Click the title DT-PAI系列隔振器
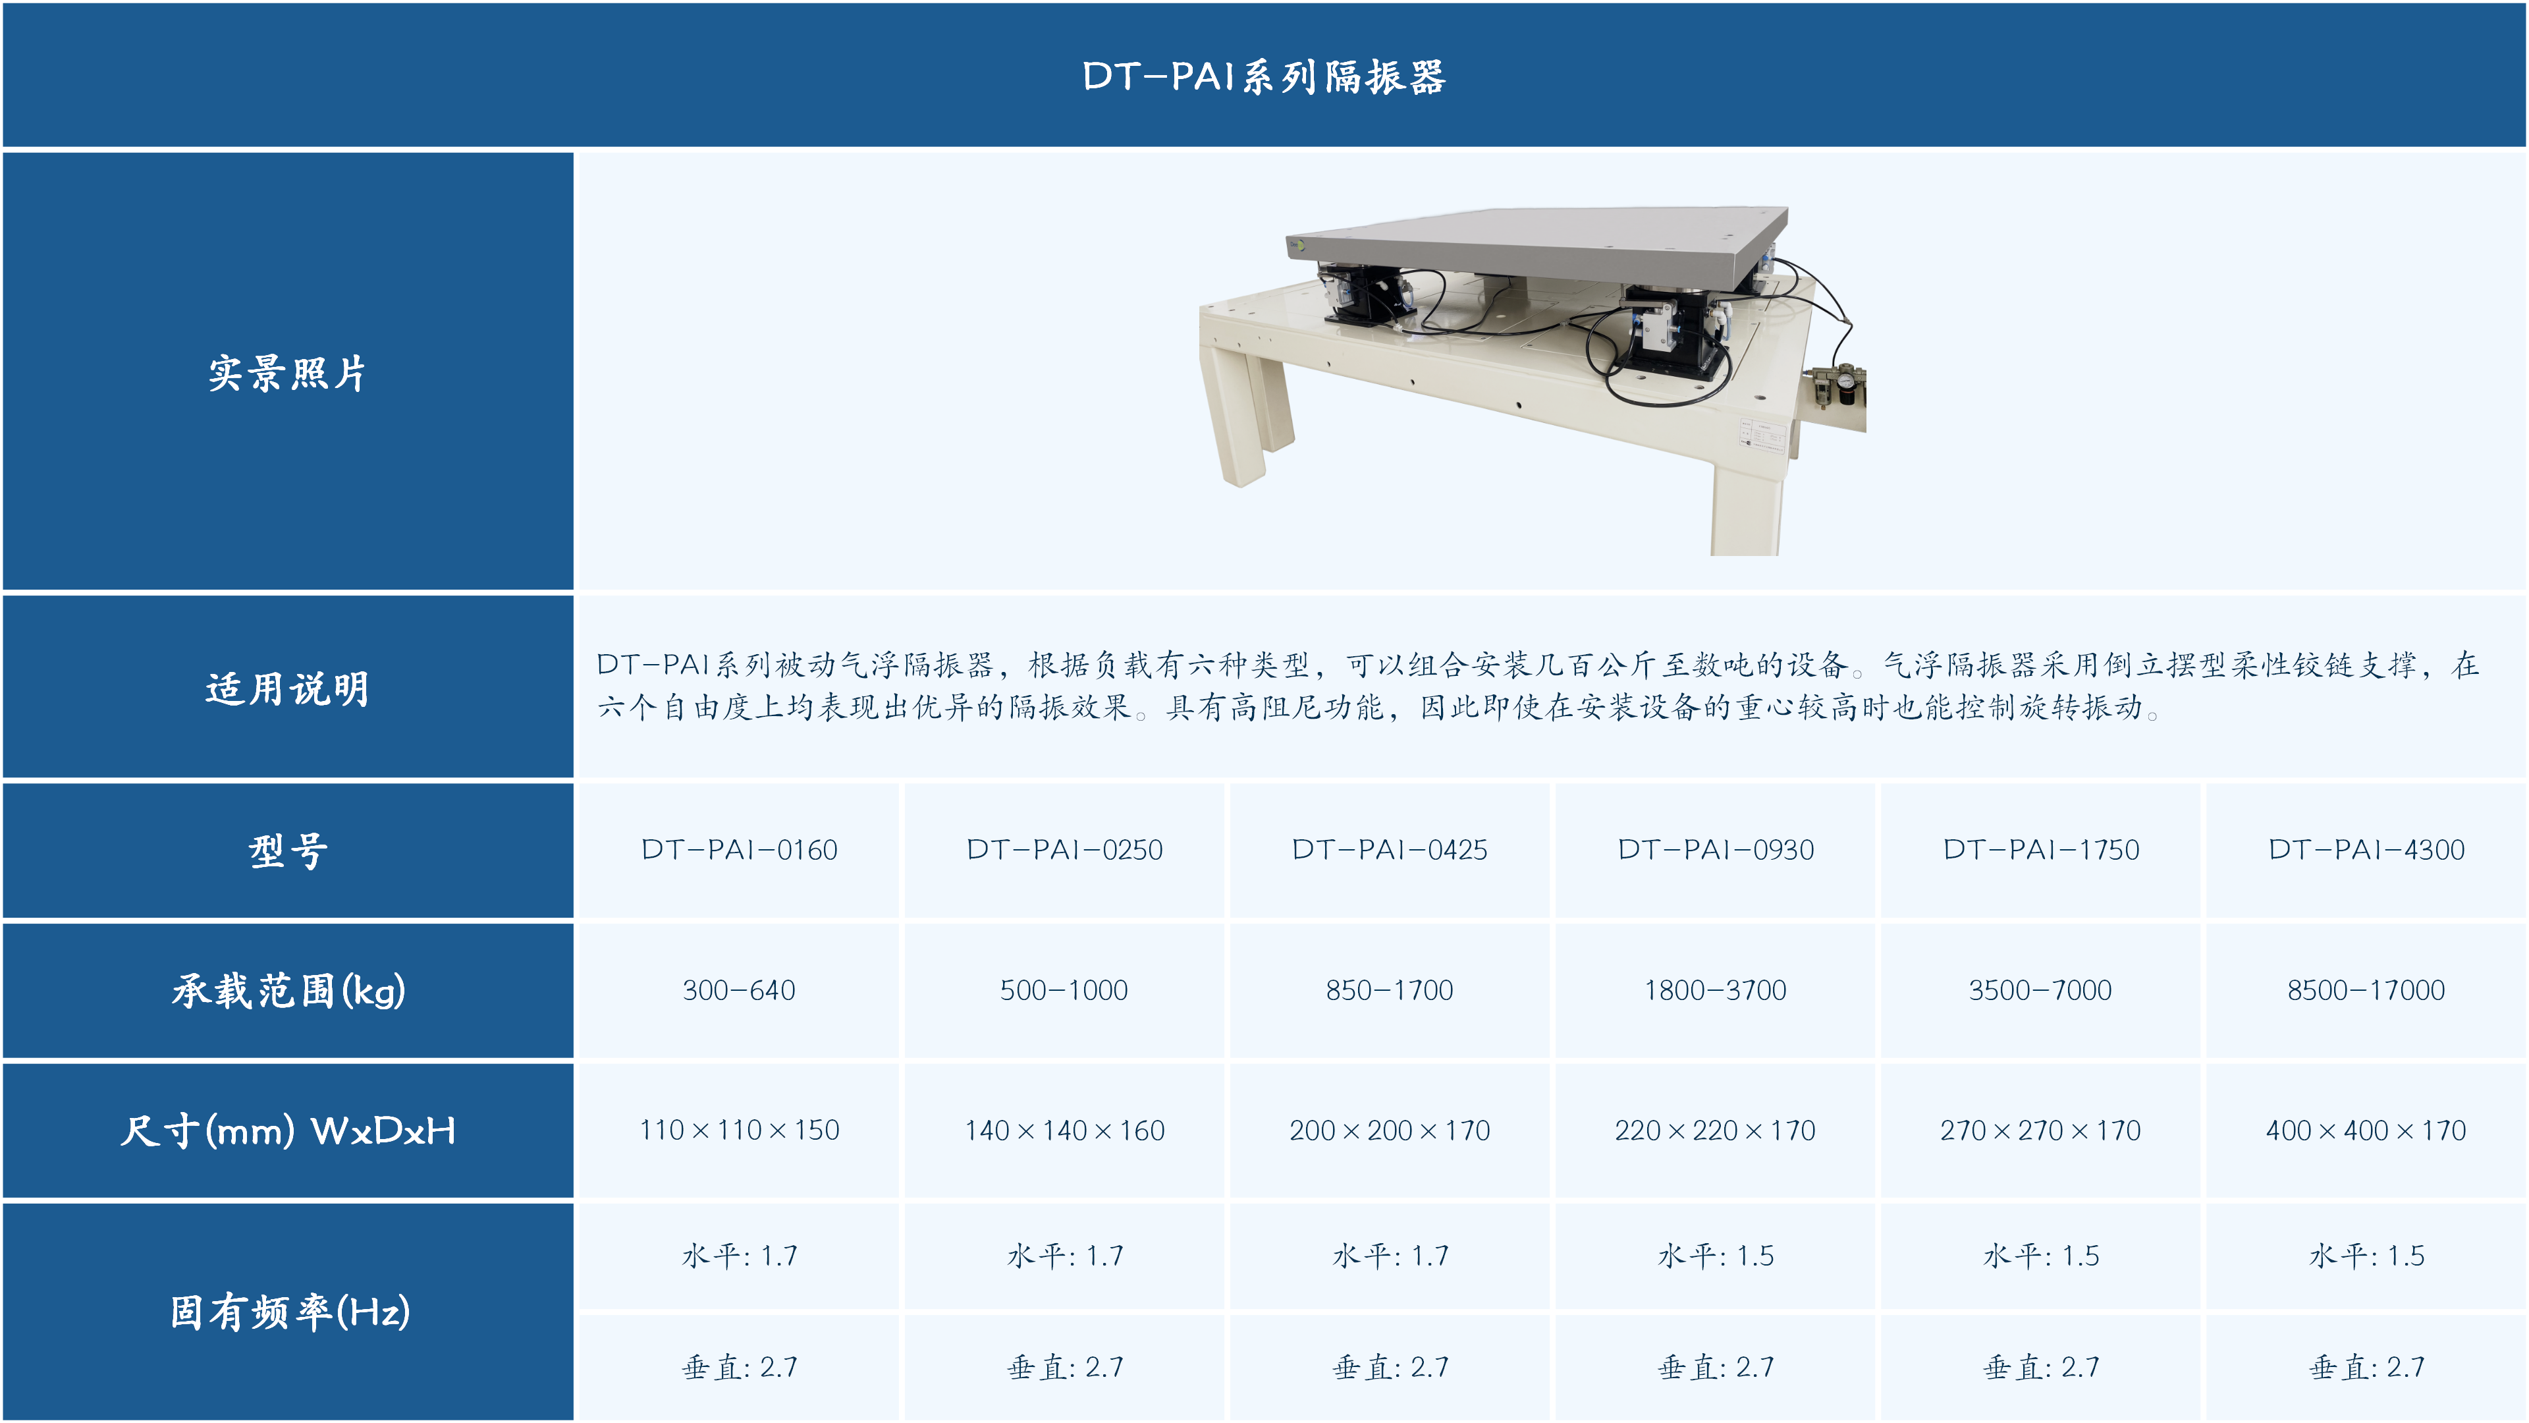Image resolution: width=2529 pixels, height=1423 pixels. (x=1264, y=76)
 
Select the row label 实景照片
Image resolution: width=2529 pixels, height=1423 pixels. (x=286, y=373)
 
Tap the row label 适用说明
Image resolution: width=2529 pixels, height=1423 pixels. (x=286, y=688)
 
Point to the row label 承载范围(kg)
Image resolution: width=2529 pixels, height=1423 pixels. (x=288, y=991)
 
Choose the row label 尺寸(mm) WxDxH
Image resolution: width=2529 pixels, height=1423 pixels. (x=288, y=1131)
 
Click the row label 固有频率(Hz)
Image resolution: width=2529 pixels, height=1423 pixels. (x=290, y=1312)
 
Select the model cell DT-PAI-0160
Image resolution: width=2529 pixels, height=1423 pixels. (x=739, y=849)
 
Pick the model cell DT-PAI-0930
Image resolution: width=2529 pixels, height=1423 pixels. (x=1715, y=849)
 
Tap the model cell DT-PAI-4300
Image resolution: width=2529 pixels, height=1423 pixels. (x=2366, y=849)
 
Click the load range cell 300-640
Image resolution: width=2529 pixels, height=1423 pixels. (x=739, y=990)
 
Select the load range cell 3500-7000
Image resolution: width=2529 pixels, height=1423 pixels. (x=2040, y=990)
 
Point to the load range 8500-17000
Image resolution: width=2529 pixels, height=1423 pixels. (x=2366, y=990)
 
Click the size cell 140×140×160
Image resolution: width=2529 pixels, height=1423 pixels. (x=1064, y=1130)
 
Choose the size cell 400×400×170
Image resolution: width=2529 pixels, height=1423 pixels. (x=2366, y=1130)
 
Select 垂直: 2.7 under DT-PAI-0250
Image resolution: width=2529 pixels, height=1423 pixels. (x=1065, y=1366)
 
